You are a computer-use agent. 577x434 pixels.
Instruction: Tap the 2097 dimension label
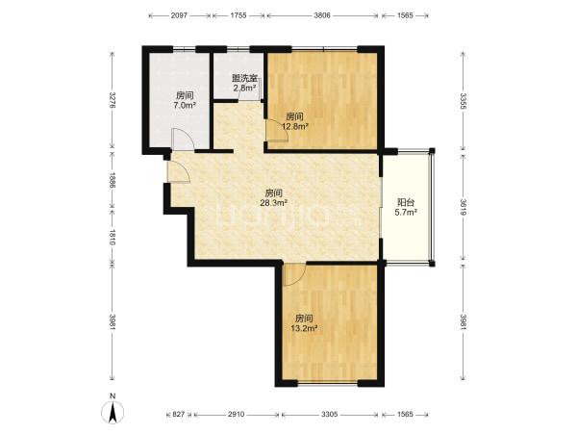click(180, 15)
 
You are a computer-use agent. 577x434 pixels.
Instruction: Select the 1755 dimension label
click(238, 15)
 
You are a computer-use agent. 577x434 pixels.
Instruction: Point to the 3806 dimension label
click(322, 15)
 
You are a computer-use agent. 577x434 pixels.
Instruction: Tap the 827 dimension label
click(179, 415)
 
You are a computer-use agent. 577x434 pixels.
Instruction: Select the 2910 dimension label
click(236, 415)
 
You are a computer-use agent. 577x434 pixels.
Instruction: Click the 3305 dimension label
click(329, 415)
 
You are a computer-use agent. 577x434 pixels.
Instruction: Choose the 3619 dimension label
click(464, 207)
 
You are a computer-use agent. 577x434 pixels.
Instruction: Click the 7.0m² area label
click(185, 105)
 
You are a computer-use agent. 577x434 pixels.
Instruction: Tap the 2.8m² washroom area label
click(244, 88)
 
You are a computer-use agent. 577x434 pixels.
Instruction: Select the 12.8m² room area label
click(295, 127)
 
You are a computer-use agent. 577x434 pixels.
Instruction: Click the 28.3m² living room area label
click(274, 202)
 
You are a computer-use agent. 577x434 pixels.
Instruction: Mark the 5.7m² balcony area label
click(406, 212)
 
